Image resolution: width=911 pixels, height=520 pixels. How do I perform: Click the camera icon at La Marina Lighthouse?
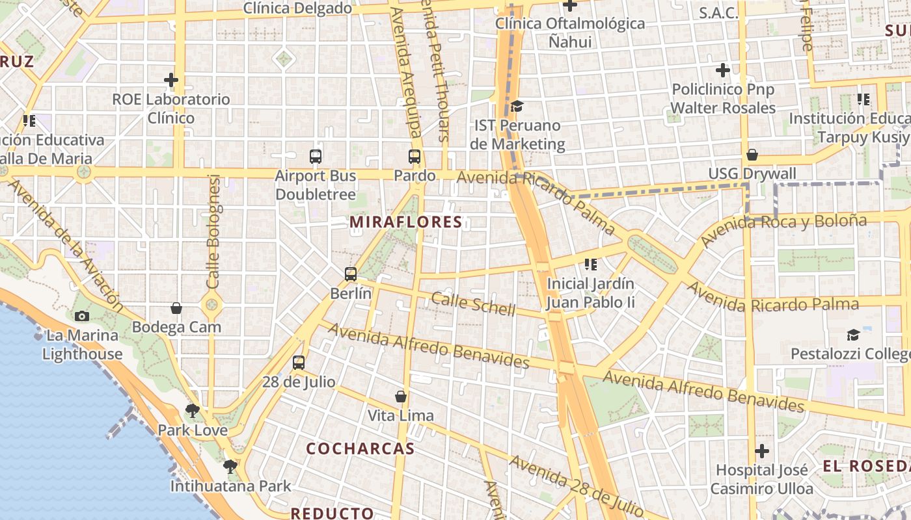pyautogui.click(x=82, y=317)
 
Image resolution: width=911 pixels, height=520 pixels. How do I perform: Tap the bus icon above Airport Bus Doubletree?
pyautogui.click(x=316, y=157)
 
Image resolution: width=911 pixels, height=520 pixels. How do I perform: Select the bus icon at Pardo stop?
pyautogui.click(x=415, y=157)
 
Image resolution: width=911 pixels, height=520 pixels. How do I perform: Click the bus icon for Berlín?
pyautogui.click(x=351, y=274)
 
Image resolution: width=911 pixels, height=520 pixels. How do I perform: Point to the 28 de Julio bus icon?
pyautogui.click(x=299, y=363)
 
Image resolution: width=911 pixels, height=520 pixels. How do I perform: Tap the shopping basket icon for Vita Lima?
pyautogui.click(x=401, y=396)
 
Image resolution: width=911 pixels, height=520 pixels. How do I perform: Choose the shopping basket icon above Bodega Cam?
pyautogui.click(x=176, y=308)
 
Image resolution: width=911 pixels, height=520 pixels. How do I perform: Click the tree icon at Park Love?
pyautogui.click(x=192, y=411)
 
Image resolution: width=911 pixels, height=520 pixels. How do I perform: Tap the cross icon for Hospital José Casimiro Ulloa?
pyautogui.click(x=761, y=450)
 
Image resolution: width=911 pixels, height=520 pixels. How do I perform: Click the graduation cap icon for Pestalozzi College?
pyautogui.click(x=853, y=335)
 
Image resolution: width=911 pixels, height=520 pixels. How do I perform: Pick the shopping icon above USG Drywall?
pyautogui.click(x=752, y=155)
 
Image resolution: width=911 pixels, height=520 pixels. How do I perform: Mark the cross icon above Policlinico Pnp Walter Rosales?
pyautogui.click(x=723, y=70)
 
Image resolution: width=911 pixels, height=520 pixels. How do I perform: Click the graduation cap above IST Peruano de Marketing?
pyautogui.click(x=517, y=106)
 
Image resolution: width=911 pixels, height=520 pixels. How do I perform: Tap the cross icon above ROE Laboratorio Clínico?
pyautogui.click(x=171, y=80)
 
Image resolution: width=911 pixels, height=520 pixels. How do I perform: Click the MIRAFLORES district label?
pyautogui.click(x=406, y=222)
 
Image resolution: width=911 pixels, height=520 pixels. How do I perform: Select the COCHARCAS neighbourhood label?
pyautogui.click(x=360, y=448)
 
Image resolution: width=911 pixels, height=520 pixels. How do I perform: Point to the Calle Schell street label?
pyautogui.click(x=473, y=304)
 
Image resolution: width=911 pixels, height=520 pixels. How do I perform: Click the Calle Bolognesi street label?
pyautogui.click(x=213, y=231)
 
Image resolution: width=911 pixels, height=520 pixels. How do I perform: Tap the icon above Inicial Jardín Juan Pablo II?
pyautogui.click(x=591, y=265)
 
